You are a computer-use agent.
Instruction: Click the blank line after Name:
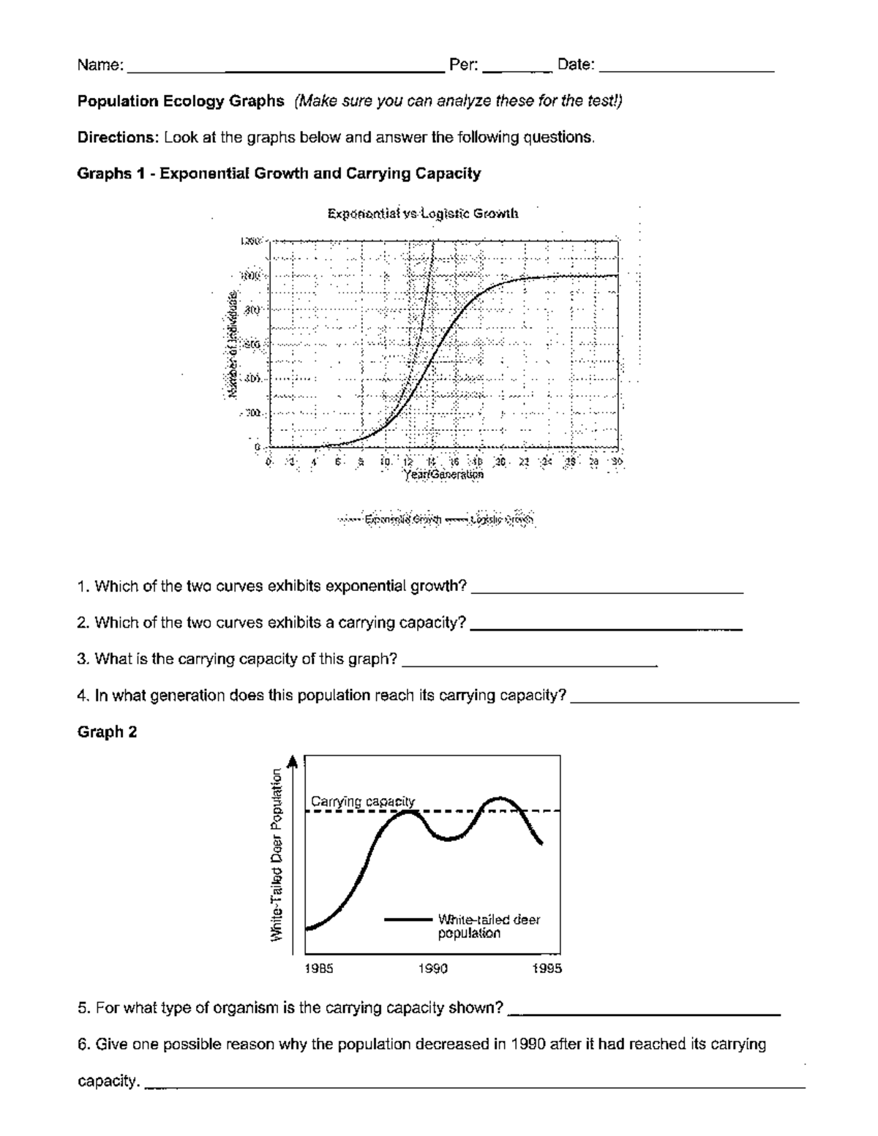coord(285,70)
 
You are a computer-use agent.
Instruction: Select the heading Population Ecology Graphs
coord(181,101)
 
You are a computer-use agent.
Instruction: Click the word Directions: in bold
coord(118,138)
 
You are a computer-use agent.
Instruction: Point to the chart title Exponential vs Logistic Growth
coord(423,214)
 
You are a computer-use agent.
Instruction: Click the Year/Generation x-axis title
coord(443,474)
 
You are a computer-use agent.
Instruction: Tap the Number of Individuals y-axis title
coord(232,344)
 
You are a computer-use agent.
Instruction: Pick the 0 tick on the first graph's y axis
coord(258,446)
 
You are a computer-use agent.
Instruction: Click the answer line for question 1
coord(607,591)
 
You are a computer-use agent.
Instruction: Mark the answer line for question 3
coord(530,664)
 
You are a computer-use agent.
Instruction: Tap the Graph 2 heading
coord(107,732)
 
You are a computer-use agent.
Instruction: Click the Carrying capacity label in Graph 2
coord(363,801)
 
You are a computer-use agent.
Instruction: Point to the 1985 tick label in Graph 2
coord(318,968)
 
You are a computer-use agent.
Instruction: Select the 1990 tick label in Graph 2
coord(432,968)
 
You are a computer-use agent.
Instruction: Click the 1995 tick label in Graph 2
coord(547,968)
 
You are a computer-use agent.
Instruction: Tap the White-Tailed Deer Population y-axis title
coord(277,855)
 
